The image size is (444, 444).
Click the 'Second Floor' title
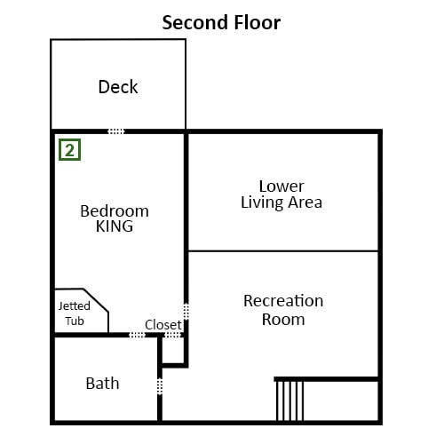(221, 22)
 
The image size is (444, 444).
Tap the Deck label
(118, 87)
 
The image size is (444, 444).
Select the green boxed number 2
(69, 150)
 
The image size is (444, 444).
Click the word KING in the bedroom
(115, 226)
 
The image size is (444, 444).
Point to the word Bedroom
(115, 211)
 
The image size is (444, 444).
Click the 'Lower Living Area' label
(281, 194)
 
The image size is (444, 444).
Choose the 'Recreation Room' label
(283, 310)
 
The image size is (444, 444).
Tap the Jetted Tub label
(75, 313)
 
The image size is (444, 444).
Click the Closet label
(163, 325)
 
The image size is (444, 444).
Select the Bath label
(102, 384)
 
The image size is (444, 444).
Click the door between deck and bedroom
(116, 131)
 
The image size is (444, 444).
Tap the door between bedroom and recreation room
(186, 312)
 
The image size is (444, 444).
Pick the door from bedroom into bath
(138, 335)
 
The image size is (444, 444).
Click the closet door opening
(172, 335)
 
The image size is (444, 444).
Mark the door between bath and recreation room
(160, 386)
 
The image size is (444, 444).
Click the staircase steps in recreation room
(289, 400)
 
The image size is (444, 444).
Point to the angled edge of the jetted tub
(96, 300)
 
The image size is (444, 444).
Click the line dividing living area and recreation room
(283, 251)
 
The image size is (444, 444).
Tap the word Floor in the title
(258, 22)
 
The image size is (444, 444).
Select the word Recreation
(283, 301)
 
